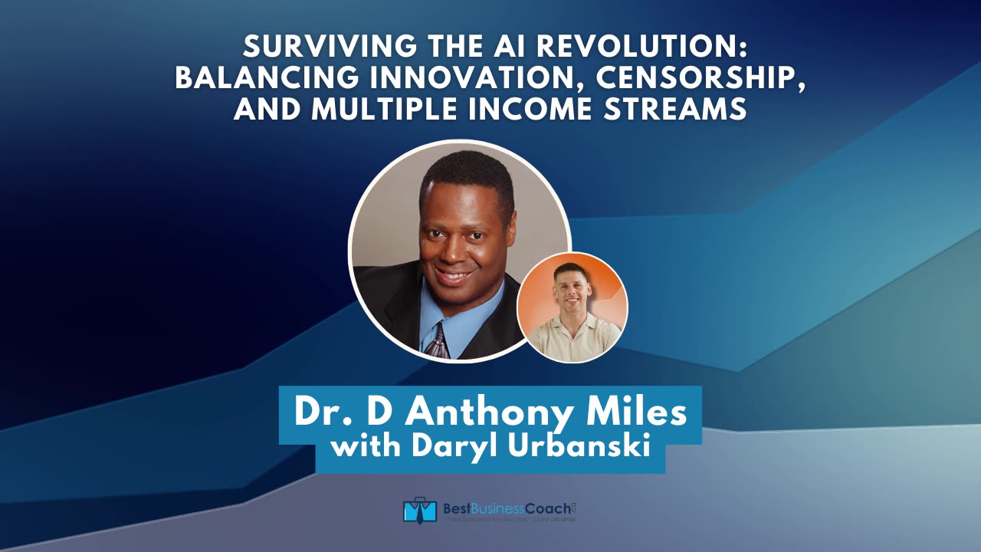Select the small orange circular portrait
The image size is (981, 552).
click(573, 307)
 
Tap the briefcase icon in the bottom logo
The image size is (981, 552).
click(419, 511)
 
